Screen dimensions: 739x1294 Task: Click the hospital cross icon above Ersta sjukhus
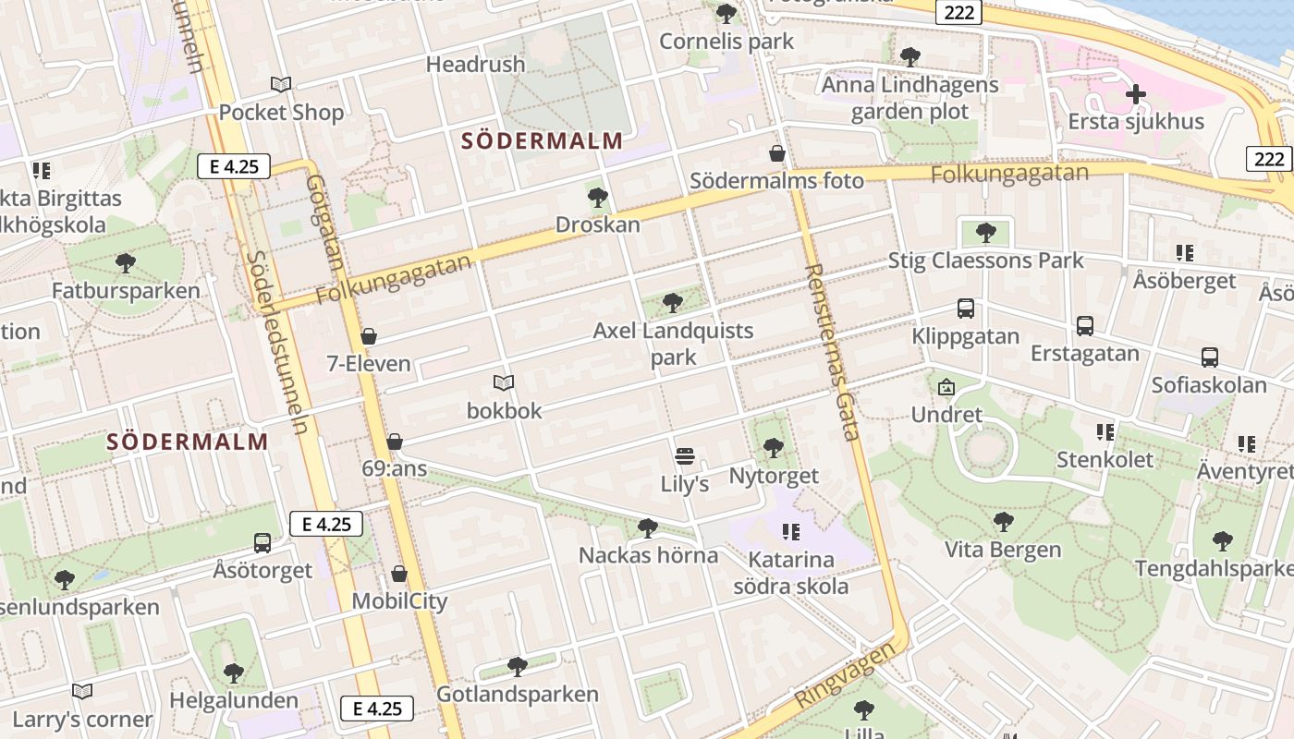pyautogui.click(x=1135, y=94)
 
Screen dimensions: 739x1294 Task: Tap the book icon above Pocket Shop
pyautogui.click(x=281, y=85)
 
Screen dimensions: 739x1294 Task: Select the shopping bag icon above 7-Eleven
pyautogui.click(x=369, y=336)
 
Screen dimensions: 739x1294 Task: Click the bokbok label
pyautogui.click(x=504, y=410)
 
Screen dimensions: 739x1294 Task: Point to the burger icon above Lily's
pyautogui.click(x=684, y=455)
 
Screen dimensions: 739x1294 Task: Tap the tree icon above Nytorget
pyautogui.click(x=774, y=448)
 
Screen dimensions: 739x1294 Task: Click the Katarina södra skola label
pyautogui.click(x=790, y=573)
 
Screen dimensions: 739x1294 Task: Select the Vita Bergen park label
pyautogui.click(x=1003, y=550)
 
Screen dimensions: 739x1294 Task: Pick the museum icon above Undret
pyautogui.click(x=946, y=387)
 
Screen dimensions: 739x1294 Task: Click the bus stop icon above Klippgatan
pyautogui.click(x=966, y=308)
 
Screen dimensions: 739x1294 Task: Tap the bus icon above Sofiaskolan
pyautogui.click(x=1209, y=357)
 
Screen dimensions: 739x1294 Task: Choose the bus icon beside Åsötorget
pyautogui.click(x=262, y=542)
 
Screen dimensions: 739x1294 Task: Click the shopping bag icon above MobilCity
pyautogui.click(x=399, y=574)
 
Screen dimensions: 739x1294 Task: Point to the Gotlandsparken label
pyautogui.click(x=517, y=694)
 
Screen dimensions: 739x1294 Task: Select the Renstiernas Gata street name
pyautogui.click(x=833, y=351)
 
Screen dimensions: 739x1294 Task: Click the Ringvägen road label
pyautogui.click(x=845, y=675)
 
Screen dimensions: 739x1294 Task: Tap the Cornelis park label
pyautogui.click(x=726, y=42)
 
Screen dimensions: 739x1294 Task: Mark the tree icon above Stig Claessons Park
pyautogui.click(x=985, y=232)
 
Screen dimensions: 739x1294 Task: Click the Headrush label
pyautogui.click(x=475, y=65)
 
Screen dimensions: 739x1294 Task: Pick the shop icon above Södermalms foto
pyautogui.click(x=777, y=152)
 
